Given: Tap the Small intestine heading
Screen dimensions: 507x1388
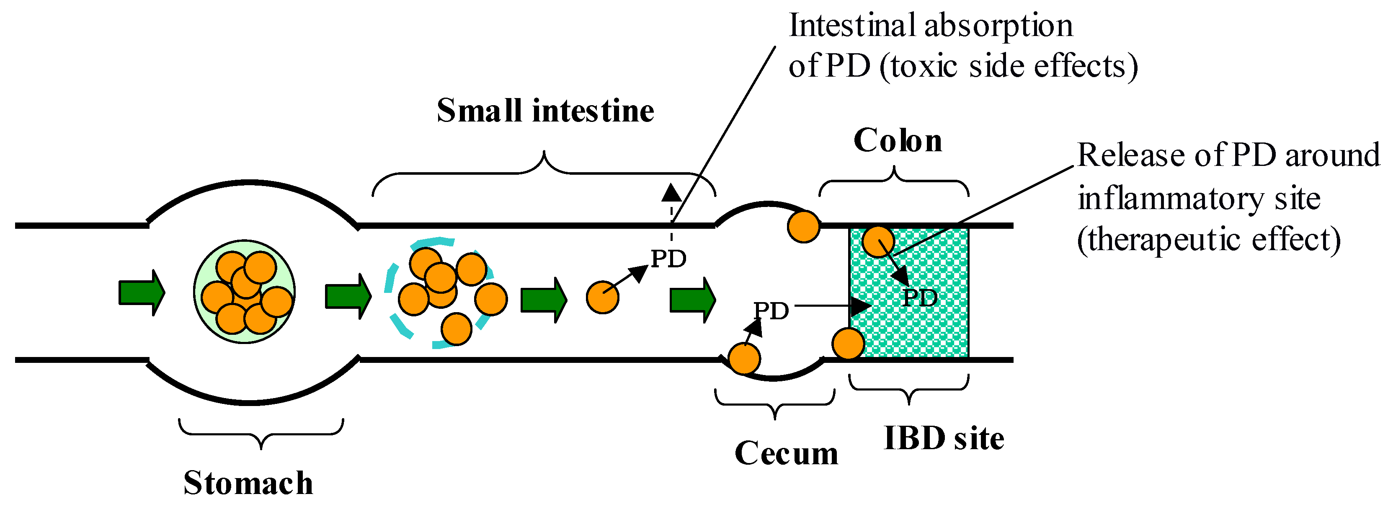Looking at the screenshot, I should pos(545,111).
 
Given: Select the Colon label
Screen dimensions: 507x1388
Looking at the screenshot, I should pos(898,141).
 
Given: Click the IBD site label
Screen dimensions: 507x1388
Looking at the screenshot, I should pos(944,438).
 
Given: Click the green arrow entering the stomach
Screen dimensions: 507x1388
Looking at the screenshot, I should pos(141,292).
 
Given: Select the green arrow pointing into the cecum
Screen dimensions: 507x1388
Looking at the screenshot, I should pos(692,299).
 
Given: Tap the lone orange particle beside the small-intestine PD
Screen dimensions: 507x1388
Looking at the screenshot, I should pos(602,297).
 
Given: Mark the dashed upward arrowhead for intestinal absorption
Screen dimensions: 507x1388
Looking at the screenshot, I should pos(671,193).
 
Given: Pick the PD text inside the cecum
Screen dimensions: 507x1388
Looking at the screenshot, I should pos(771,311).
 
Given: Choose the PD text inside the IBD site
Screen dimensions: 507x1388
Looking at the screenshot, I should pos(920,297).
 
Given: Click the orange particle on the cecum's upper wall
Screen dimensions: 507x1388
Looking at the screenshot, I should pos(803,227).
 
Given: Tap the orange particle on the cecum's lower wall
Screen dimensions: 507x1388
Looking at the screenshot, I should pos(744,358).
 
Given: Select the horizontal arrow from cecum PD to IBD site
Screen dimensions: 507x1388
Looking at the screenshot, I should pos(833,306).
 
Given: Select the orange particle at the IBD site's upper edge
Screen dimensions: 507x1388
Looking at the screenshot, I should pos(878,241).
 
